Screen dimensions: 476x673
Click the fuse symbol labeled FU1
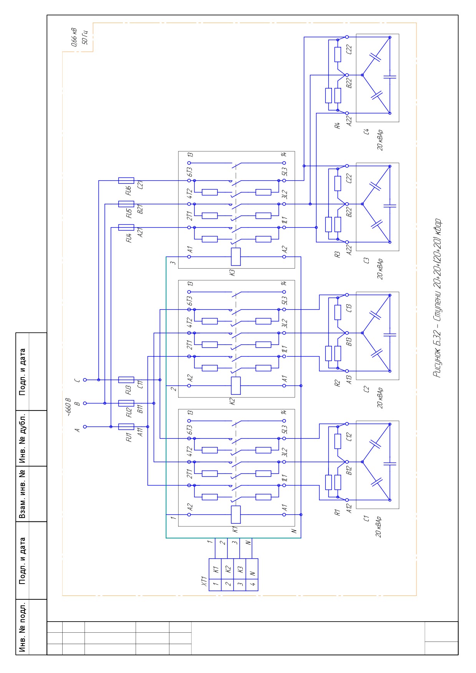(x=126, y=427)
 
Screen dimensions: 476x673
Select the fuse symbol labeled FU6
(x=126, y=181)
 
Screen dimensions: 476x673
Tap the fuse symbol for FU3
(x=126, y=380)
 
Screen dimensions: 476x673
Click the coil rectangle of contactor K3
(x=236, y=257)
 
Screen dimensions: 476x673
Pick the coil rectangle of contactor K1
(x=236, y=515)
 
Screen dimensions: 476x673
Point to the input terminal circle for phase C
(x=85, y=380)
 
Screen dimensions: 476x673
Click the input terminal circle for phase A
(x=85, y=427)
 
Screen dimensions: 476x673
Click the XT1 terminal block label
(x=204, y=582)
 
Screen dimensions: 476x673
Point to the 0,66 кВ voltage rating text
(x=74, y=37)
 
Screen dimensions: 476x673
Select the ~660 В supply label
(x=68, y=407)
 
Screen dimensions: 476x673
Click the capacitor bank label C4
(x=367, y=132)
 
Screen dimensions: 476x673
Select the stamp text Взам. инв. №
(x=23, y=494)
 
